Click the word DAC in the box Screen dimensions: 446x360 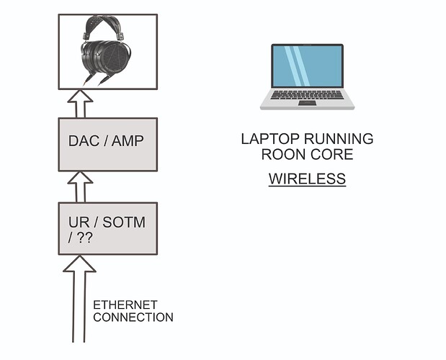click(x=84, y=140)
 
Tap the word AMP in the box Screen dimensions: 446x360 click(x=128, y=140)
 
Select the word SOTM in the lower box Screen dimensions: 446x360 click(x=124, y=222)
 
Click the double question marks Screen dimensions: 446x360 click(x=84, y=238)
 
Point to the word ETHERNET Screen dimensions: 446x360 click(x=125, y=305)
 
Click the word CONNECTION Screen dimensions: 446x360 click(x=133, y=317)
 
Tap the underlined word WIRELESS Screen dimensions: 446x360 click(x=307, y=179)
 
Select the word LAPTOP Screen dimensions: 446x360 click(x=270, y=139)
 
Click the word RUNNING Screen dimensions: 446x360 click(x=339, y=139)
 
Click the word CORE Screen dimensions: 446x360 click(x=331, y=154)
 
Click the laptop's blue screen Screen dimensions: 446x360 click(x=307, y=66)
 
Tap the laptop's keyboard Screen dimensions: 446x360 click(x=307, y=95)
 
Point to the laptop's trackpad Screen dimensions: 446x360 click(x=307, y=103)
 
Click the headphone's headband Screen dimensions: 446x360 click(x=103, y=22)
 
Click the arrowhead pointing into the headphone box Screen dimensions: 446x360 click(x=80, y=96)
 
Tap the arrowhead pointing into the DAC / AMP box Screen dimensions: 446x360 click(x=80, y=177)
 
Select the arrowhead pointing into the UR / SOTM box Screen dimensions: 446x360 click(x=80, y=264)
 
